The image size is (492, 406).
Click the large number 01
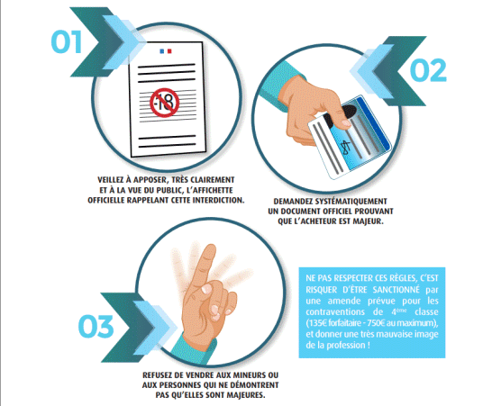tap(67, 41)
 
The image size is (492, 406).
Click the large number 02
tap(428, 70)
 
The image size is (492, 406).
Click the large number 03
tap(96, 327)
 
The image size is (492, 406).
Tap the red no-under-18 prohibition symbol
tap(164, 103)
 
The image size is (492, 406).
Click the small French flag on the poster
tap(166, 50)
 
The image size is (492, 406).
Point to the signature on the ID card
tap(346, 147)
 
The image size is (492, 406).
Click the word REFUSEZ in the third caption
tap(156, 375)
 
